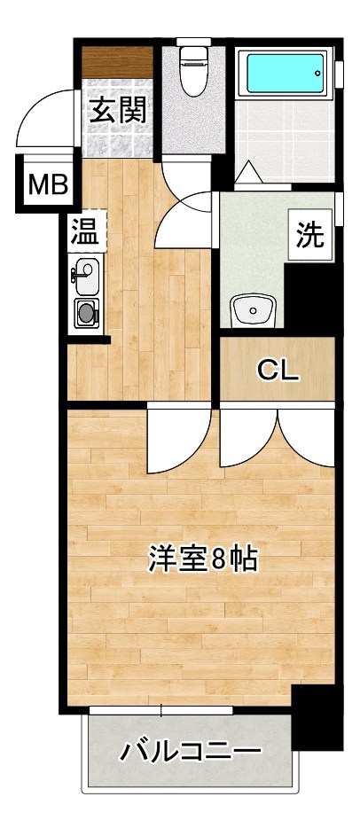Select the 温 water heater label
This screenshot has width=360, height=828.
pos(84,232)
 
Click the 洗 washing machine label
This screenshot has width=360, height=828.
pos(309,235)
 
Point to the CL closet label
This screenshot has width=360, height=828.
pos(278,370)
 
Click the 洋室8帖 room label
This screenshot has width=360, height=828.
pos(203,559)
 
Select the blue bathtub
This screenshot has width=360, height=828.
pos(284,71)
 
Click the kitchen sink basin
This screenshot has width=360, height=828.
pos(86,277)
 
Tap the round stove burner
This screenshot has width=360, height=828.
pos(86,312)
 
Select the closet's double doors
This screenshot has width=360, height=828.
pos(277,439)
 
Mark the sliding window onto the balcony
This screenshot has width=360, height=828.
pos(160,710)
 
